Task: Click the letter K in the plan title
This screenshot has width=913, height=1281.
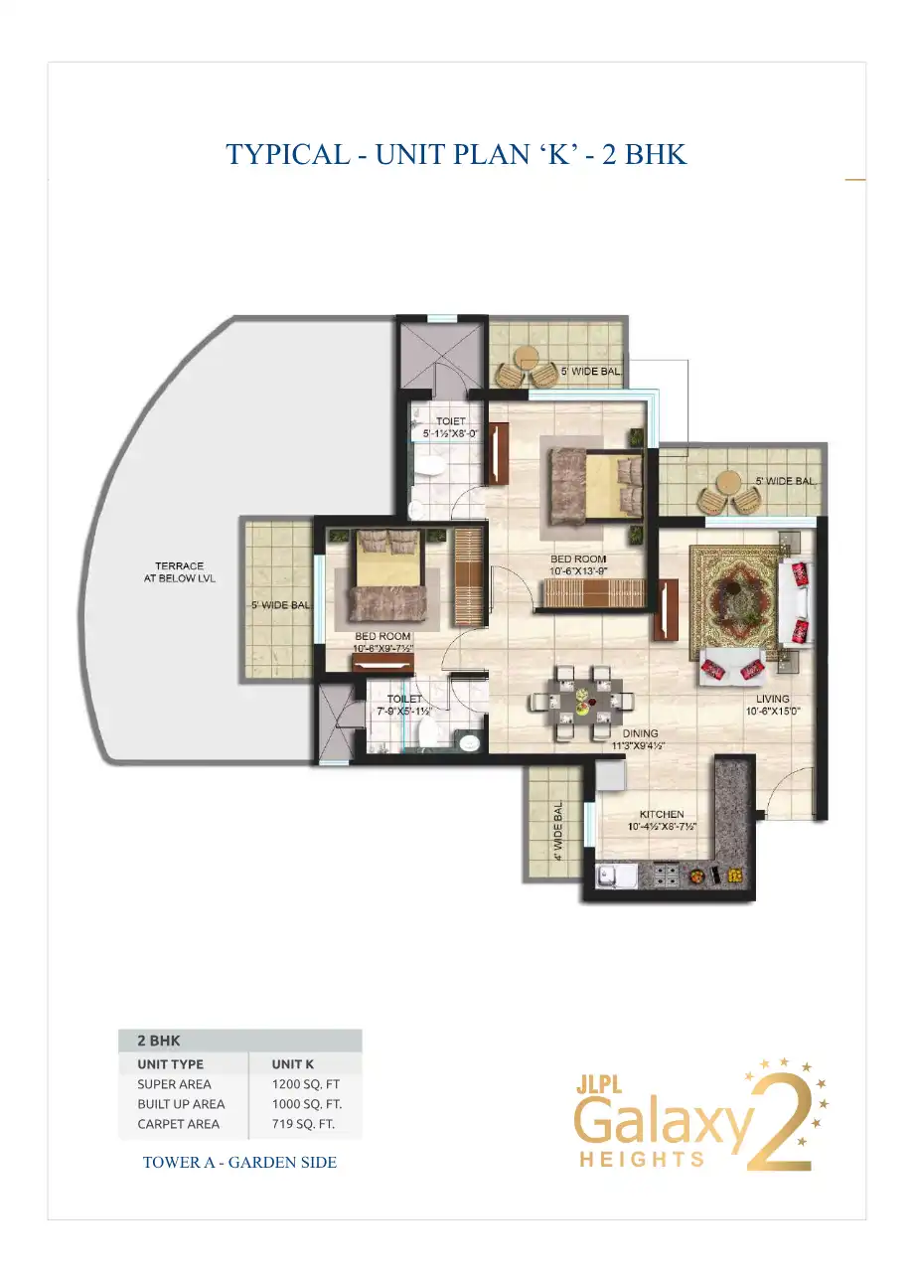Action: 559,154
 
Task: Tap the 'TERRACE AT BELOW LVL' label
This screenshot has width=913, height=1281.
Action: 180,571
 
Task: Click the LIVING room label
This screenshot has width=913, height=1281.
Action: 772,699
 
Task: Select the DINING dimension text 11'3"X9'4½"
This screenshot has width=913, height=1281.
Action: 638,745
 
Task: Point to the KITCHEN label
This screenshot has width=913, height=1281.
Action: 662,814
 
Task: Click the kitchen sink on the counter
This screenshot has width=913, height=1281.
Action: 616,877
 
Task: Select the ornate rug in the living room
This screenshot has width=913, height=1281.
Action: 734,600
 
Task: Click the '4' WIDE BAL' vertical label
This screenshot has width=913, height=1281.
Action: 558,831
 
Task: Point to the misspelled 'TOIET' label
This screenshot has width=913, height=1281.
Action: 450,421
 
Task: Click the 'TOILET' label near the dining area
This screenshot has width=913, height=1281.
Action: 404,699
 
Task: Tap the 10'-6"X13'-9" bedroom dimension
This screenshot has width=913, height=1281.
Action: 578,570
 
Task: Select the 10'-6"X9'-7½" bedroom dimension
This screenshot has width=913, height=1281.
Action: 382,649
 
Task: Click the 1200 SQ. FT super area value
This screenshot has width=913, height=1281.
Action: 306,1084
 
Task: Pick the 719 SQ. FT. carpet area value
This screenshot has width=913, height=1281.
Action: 303,1124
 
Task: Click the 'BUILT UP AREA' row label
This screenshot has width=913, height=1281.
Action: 181,1104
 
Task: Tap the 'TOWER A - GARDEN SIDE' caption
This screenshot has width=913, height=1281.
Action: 239,1162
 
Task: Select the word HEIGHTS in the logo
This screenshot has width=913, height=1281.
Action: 642,1159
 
